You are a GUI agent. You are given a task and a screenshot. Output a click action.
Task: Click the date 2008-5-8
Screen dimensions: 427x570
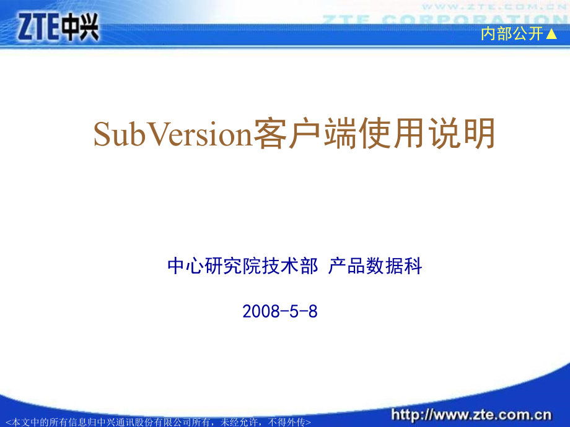pos(280,311)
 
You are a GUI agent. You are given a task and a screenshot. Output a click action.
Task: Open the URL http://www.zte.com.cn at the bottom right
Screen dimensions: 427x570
pos(470,413)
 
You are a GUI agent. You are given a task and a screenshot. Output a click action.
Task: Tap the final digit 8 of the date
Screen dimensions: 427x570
pos(313,311)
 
